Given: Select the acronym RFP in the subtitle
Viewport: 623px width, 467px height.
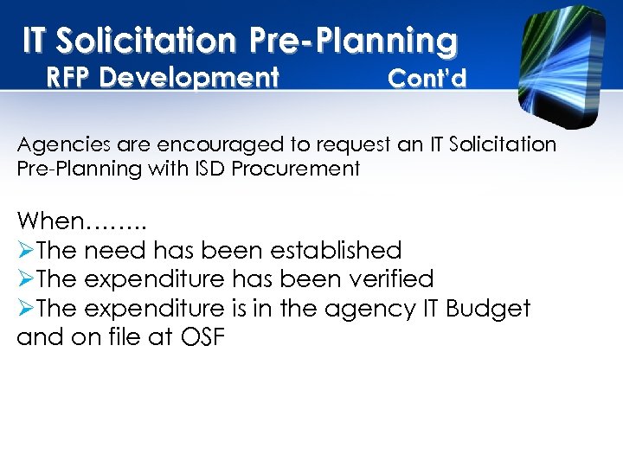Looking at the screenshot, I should tap(69, 79).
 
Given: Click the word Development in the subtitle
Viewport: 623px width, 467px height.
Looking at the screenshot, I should tap(189, 79).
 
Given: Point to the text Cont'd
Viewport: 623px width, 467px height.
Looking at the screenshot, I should tap(427, 79).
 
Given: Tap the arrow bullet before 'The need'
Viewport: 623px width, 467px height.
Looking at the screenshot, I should tap(26, 251).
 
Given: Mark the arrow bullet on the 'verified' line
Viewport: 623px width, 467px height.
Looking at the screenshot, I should tap(26, 279).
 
